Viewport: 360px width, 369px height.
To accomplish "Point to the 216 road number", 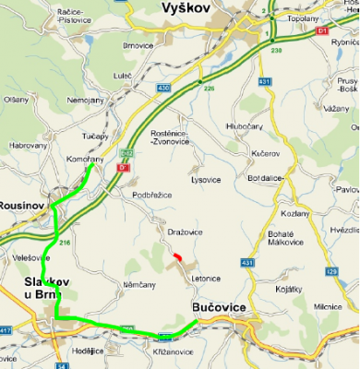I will pyautogui.click(x=64, y=242).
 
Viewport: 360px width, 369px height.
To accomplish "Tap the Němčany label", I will pyautogui.click(x=138, y=285).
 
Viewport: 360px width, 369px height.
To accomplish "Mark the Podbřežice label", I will pyautogui.click(x=150, y=196).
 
